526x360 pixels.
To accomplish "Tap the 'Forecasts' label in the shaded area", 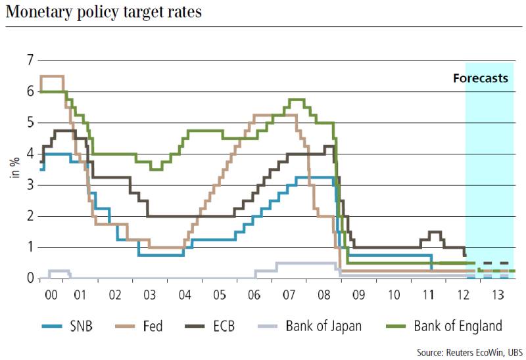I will coord(481,78).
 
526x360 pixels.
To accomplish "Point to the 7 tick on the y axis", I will coord(29,60).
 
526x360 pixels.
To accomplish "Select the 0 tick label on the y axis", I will coord(29,279).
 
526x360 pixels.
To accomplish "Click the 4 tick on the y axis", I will coord(29,154).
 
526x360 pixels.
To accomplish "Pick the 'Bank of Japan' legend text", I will coord(323,326).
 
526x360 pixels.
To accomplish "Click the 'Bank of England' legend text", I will coord(458,326).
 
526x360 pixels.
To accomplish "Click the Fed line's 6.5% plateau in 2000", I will coord(53,76).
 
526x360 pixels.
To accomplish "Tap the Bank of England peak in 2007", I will coord(296,99).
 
